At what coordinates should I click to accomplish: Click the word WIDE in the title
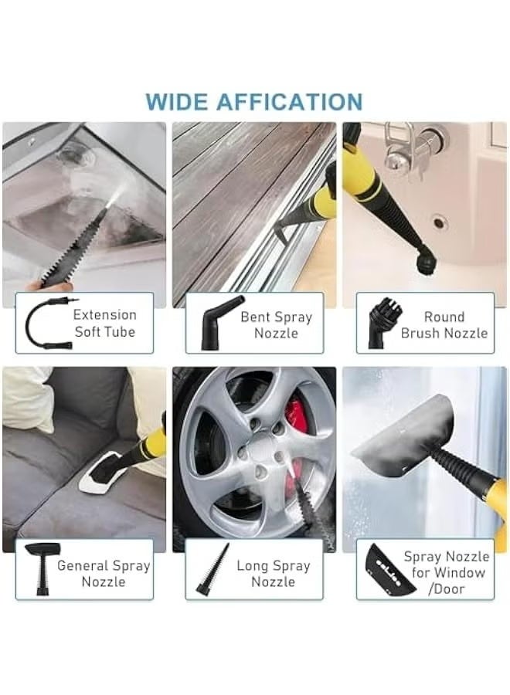click(x=175, y=101)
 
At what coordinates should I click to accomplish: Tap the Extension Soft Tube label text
click(x=105, y=324)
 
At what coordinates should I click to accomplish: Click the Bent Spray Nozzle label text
click(x=277, y=325)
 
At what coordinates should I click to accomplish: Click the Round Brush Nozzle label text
click(x=444, y=325)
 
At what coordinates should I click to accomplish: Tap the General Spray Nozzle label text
click(x=103, y=574)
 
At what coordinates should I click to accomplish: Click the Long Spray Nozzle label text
click(x=274, y=574)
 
